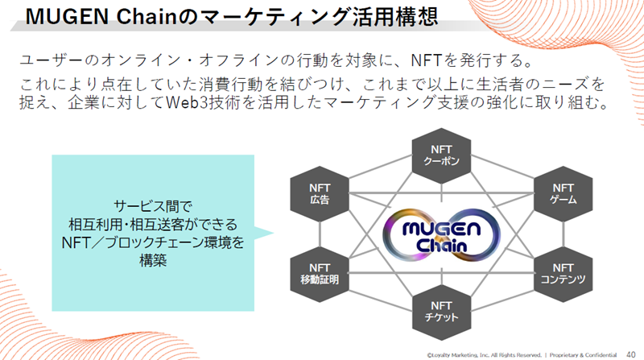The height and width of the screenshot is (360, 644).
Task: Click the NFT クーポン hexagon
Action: click(441, 155)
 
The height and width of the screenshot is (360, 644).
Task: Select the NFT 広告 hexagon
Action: click(320, 194)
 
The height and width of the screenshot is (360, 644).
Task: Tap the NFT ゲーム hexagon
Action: click(563, 194)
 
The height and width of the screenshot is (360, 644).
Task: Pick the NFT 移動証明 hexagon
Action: click(320, 274)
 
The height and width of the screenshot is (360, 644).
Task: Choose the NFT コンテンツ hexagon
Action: click(563, 274)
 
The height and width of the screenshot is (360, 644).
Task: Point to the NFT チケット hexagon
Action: click(441, 312)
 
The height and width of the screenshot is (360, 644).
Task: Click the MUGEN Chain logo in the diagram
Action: click(441, 235)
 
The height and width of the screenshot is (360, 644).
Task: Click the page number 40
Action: click(631, 354)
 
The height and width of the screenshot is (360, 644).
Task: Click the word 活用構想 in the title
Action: click(395, 17)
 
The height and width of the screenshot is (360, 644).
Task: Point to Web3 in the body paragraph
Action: click(188, 102)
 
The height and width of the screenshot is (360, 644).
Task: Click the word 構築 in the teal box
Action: click(153, 261)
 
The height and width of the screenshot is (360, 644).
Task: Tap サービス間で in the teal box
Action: click(153, 206)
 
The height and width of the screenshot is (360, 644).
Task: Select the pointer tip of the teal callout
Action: click(274, 233)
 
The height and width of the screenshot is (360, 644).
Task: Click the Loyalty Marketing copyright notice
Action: click(485, 355)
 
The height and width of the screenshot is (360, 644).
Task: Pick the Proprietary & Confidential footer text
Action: click(583, 355)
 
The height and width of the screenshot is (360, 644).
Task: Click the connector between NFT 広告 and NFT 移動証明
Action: click(320, 234)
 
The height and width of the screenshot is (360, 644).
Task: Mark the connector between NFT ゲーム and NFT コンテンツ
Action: click(563, 234)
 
